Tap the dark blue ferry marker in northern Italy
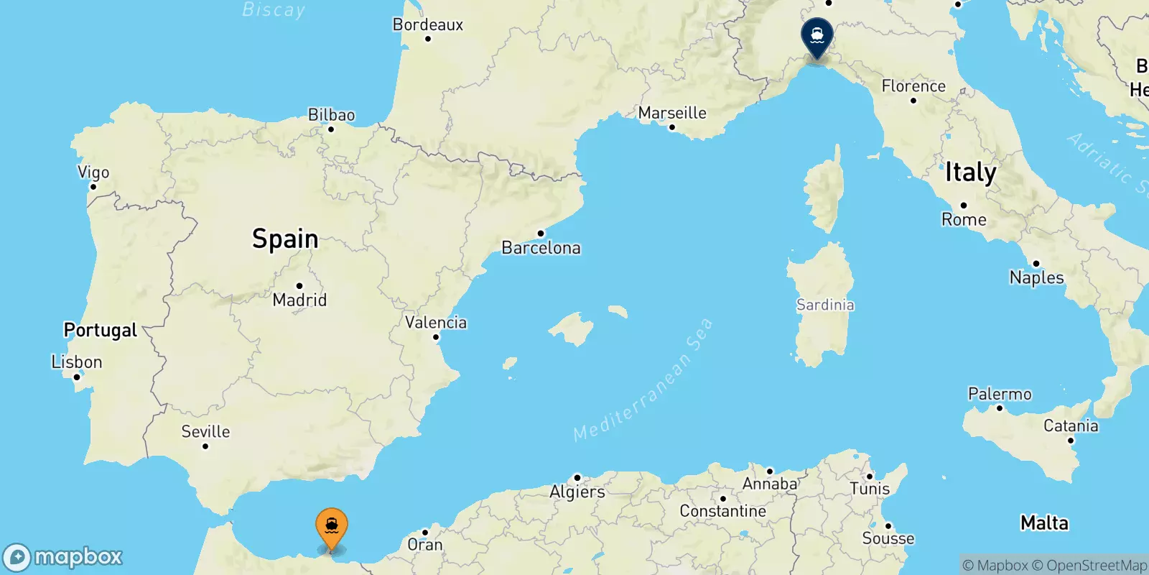pos(817,35)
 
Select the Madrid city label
pos(299,300)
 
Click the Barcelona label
pos(541,248)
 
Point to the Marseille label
pos(672,113)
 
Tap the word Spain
pos(285,239)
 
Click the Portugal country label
pos(100,330)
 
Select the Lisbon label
pos(77,362)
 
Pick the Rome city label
pos(964,219)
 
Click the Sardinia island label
pos(825,305)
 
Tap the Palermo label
pos(1000,394)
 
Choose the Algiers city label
pos(577,492)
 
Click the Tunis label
pos(870,489)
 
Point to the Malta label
pos(1044,523)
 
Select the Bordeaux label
pos(428,24)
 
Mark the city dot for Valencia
pos(436,337)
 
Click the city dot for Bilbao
pos(331,129)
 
